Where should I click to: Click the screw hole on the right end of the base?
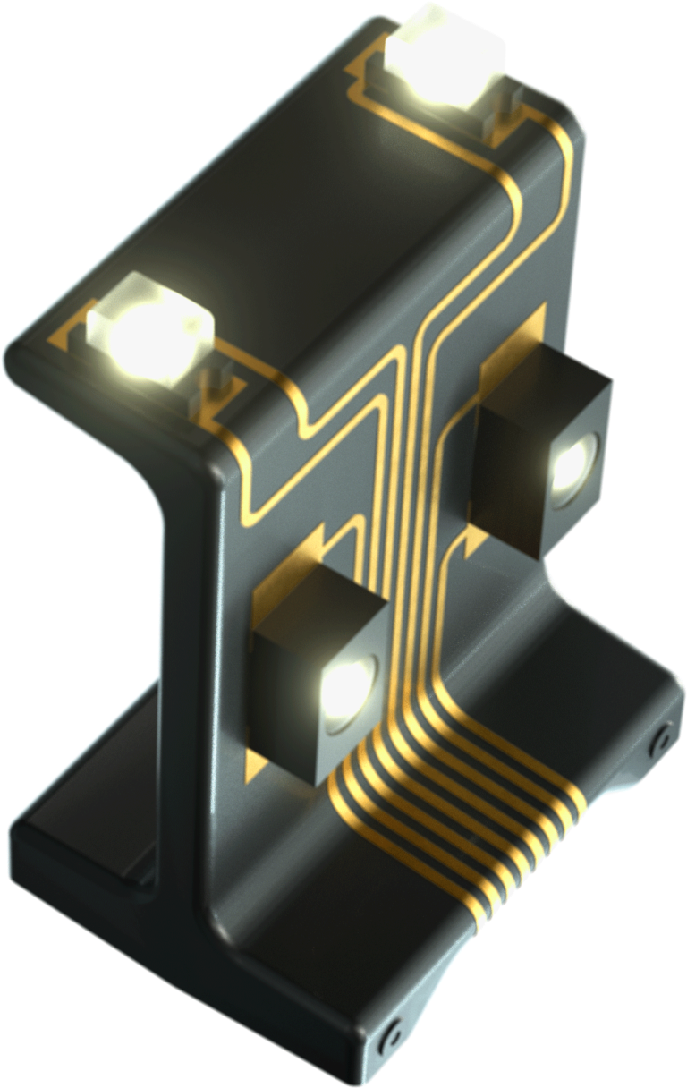(x=662, y=738)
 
